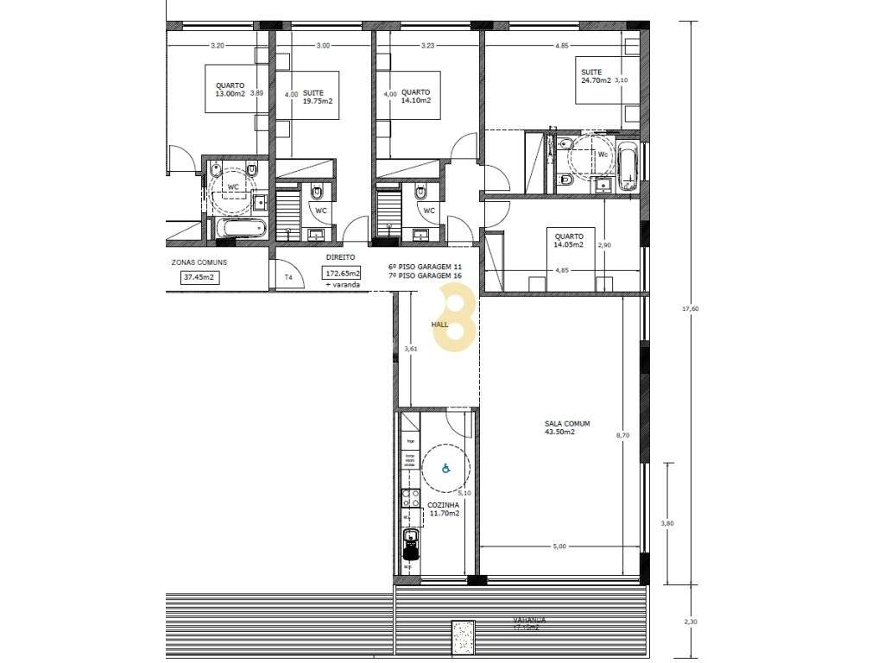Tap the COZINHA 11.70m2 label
[444, 508]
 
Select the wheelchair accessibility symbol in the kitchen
[446, 469]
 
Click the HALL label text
[440, 325]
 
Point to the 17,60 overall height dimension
[690, 308]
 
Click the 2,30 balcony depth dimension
[690, 621]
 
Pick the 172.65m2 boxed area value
[342, 273]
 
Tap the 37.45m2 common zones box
[199, 277]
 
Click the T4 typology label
[288, 277]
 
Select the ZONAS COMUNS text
[199, 262]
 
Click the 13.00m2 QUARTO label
[230, 91]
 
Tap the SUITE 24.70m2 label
[596, 76]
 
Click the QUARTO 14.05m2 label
[568, 240]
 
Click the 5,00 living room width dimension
[559, 546]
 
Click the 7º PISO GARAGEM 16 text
[425, 275]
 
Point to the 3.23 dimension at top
[427, 45]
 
